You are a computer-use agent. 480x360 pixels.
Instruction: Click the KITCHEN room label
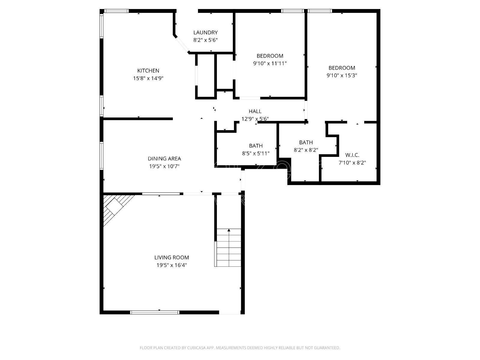[x=148, y=71]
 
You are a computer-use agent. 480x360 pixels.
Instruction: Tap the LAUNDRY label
[x=205, y=32]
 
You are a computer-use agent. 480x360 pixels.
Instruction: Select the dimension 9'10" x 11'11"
[x=270, y=63]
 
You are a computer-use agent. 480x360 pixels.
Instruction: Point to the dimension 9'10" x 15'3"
[x=342, y=75]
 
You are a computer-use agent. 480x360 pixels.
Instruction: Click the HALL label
[x=255, y=111]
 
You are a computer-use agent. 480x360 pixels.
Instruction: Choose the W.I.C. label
[x=352, y=155]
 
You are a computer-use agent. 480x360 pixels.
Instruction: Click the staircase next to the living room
[x=229, y=247]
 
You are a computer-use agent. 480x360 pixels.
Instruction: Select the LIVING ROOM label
[x=172, y=257]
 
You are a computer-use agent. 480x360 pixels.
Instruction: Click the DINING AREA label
[x=164, y=159]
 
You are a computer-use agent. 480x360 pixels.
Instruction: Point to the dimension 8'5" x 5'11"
[x=256, y=153]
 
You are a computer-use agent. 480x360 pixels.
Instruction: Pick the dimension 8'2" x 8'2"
[x=306, y=150]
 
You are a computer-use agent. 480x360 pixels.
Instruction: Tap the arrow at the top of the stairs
[x=229, y=230]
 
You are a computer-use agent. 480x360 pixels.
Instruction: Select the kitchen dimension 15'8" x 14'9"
[x=148, y=78]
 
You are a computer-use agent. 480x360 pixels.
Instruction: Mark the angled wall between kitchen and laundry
[x=181, y=44]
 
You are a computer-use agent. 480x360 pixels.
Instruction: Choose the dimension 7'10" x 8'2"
[x=352, y=163]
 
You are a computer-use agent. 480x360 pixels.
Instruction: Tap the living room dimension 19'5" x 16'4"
[x=172, y=265]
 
